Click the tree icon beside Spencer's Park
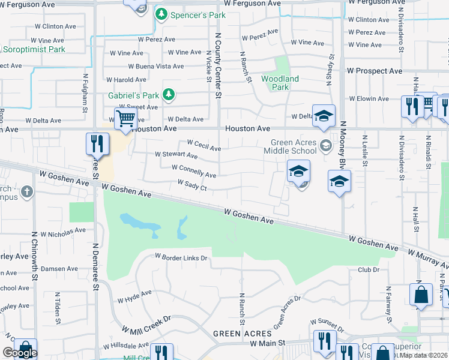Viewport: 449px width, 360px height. click(161, 14)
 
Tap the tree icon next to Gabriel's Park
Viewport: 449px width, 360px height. click(169, 94)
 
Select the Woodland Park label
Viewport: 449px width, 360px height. click(280, 83)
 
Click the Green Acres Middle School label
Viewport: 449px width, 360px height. click(293, 146)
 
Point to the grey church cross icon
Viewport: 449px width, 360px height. click(26, 192)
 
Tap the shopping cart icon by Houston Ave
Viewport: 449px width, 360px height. click(125, 118)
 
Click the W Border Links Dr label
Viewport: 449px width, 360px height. click(181, 257)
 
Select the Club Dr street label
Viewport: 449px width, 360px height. click(369, 270)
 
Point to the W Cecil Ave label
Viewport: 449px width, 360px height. click(204, 145)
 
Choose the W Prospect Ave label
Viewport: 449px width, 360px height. click(375, 71)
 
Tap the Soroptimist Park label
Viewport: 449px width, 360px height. click(32, 49)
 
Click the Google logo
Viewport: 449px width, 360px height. click(19, 353)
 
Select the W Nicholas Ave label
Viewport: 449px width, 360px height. click(59, 231)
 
